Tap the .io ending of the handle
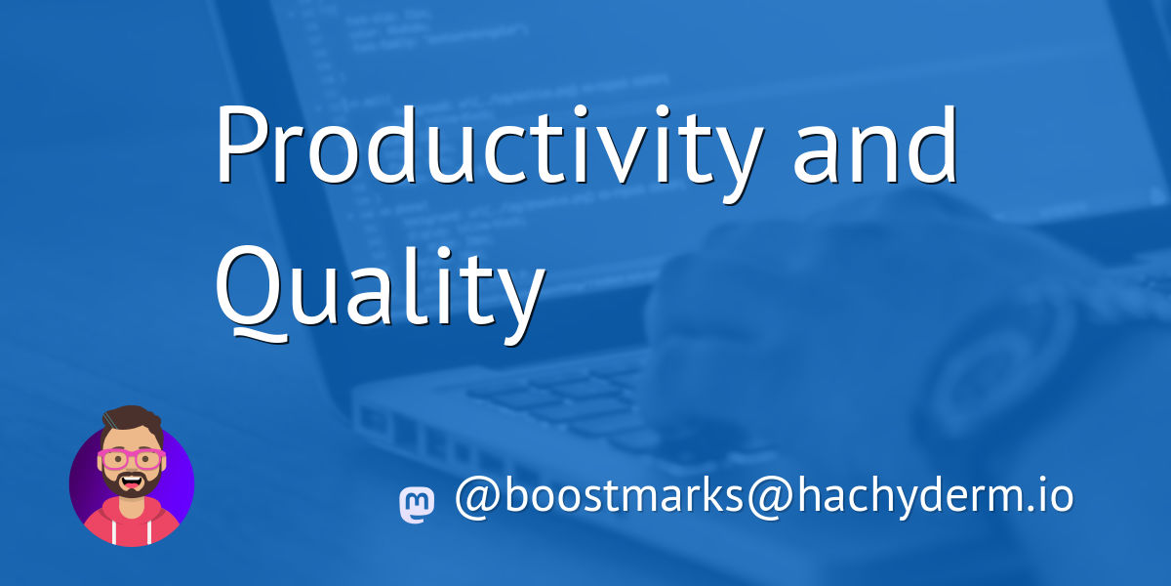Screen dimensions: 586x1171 click(1050, 496)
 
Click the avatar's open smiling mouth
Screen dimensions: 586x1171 click(132, 481)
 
